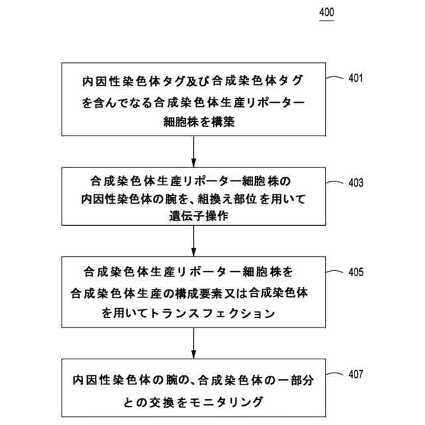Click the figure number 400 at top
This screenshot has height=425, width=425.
tap(327, 13)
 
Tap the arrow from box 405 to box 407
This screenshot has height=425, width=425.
tap(193, 344)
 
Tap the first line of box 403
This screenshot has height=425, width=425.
tap(193, 181)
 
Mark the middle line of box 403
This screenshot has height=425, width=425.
tap(193, 199)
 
